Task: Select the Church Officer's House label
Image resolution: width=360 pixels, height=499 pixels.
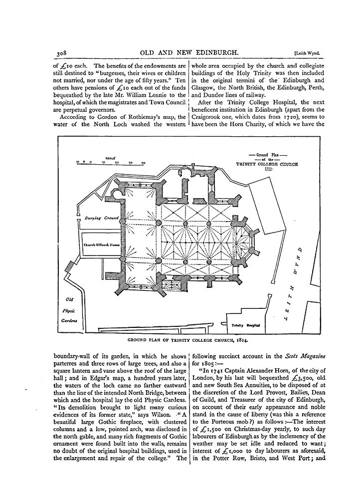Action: tap(99, 245)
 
